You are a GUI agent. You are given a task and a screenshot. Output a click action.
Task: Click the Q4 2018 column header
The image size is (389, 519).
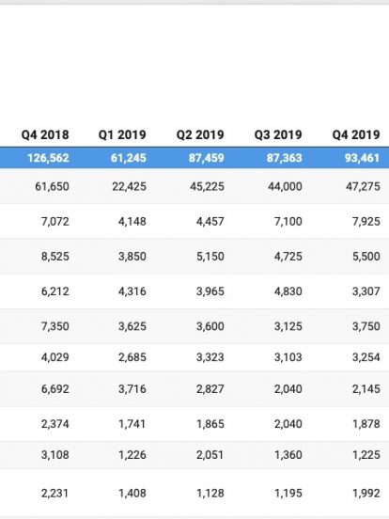click(45, 134)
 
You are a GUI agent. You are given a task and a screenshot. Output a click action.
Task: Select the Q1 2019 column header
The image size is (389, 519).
click(122, 134)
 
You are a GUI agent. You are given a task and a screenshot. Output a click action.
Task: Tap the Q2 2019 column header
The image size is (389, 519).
click(200, 134)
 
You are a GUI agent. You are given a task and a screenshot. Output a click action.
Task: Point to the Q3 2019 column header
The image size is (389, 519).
click(278, 134)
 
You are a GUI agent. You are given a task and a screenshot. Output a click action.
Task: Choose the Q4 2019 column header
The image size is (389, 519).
click(356, 134)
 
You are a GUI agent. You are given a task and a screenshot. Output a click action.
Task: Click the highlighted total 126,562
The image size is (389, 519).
click(48, 158)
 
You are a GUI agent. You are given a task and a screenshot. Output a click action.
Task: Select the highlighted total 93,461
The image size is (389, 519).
click(362, 158)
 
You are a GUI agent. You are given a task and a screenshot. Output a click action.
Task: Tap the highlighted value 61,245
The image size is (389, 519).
click(129, 158)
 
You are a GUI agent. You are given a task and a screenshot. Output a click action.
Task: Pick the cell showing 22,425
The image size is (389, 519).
click(129, 187)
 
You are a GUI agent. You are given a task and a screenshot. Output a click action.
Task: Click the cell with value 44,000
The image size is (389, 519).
click(285, 187)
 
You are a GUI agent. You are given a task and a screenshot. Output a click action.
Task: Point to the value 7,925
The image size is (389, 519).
click(366, 222)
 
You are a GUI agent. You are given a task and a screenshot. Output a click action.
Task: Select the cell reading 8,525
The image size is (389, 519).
click(55, 257)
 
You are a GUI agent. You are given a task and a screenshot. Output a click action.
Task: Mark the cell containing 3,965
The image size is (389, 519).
click(210, 291)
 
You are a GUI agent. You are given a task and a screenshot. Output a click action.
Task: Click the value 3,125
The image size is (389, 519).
click(288, 326)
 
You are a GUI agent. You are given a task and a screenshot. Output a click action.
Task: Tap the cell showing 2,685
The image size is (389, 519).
click(132, 357)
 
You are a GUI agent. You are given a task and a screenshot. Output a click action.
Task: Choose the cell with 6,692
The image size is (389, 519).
click(55, 389)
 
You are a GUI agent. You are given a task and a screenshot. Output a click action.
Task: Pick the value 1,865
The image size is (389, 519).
click(210, 424)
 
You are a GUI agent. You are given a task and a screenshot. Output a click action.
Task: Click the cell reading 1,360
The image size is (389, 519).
click(288, 455)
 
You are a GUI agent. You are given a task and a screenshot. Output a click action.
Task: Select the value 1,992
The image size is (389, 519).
click(366, 494)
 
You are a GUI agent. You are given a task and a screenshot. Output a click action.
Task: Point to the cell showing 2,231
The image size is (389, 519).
click(55, 494)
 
